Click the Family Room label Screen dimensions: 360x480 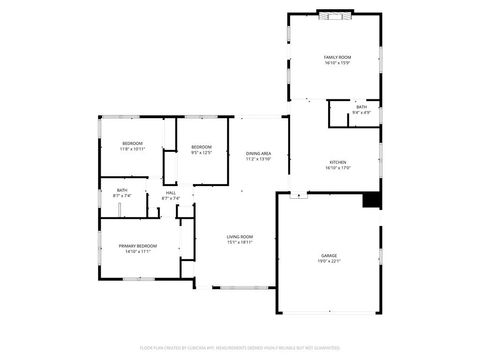click(337, 58)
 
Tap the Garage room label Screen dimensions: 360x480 click(329, 256)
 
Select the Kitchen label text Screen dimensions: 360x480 click(337, 162)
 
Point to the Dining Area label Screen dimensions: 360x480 click(259, 153)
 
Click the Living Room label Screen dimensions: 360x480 click(239, 236)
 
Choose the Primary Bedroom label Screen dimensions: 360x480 click(137, 246)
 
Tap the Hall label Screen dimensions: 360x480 click(171, 192)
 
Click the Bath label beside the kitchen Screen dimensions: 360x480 click(362, 107)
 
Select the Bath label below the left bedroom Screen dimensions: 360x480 click(122, 190)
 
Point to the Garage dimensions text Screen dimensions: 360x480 click(329, 262)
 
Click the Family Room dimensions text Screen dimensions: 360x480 click(337, 64)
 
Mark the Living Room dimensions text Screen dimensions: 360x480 click(239, 242)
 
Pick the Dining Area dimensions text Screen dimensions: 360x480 click(259, 159)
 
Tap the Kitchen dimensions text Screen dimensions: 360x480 click(337, 168)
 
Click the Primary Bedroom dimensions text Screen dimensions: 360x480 click(137, 252)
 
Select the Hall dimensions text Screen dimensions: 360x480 click(171, 198)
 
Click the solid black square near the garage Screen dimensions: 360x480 click(371, 200)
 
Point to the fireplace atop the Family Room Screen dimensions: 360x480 click(335, 14)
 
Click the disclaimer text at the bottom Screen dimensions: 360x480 click(240, 347)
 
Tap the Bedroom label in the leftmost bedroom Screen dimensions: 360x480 click(133, 143)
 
